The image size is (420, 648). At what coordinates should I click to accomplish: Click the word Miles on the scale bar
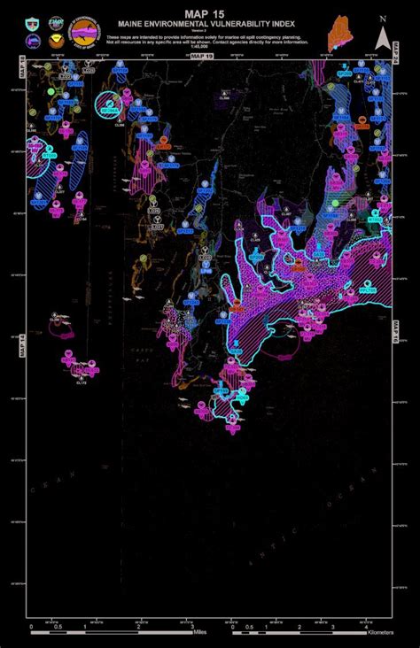point(200,633)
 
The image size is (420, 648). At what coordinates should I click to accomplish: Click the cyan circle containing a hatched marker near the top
point(108,105)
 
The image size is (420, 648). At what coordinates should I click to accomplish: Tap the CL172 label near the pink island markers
point(82,382)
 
